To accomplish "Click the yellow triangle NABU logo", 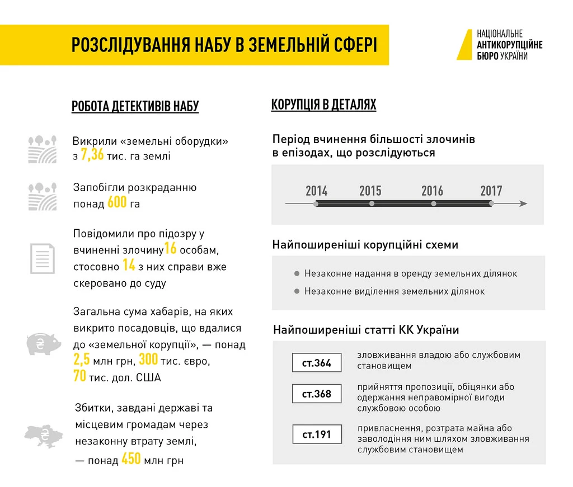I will (x=465, y=45).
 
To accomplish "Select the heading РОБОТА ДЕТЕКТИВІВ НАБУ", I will (x=135, y=106).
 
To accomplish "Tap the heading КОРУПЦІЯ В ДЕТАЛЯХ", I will (x=323, y=105).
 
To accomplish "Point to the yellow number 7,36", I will (x=92, y=155).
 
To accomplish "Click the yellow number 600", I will (x=117, y=202).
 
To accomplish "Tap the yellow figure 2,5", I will (x=82, y=360).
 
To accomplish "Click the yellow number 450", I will (x=131, y=460).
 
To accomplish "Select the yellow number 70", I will (x=79, y=376).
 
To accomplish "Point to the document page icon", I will (x=42, y=258).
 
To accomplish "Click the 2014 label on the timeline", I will (x=317, y=191).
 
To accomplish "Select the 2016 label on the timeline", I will (x=433, y=191).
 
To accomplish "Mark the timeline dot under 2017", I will (x=491, y=204).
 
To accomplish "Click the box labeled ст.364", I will (x=317, y=363).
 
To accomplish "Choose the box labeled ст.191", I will (x=317, y=434).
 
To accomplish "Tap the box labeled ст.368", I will (x=317, y=394).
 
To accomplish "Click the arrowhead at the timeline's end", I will (x=523, y=204).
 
